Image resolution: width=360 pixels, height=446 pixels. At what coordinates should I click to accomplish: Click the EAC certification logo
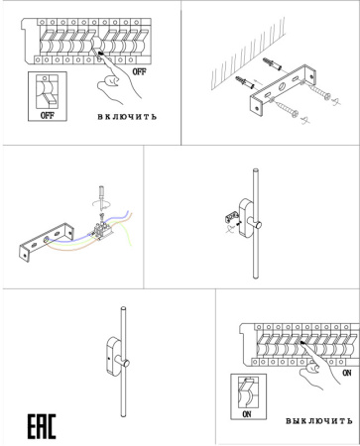[42, 426]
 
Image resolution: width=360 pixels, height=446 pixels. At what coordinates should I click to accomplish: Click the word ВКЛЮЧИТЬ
[127, 117]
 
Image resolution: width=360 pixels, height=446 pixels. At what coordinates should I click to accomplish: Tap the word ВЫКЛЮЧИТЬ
[319, 421]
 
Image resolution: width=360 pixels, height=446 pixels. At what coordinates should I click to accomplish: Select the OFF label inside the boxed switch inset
[48, 115]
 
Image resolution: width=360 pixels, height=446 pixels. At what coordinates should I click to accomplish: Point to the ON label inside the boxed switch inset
[247, 414]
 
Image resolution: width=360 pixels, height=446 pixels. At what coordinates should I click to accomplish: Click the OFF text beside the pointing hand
[139, 71]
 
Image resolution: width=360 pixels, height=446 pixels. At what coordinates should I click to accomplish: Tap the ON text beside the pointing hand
[347, 373]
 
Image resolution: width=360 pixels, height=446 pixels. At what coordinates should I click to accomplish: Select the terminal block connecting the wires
[102, 230]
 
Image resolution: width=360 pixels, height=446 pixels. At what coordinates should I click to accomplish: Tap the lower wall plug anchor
[245, 82]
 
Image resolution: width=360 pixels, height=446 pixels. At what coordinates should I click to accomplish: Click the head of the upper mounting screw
[327, 97]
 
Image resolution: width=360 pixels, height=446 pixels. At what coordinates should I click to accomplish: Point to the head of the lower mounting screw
[295, 114]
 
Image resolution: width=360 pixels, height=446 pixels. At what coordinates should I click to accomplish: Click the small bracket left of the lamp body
[231, 217]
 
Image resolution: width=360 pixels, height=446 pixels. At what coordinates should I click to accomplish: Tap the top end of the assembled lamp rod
[124, 309]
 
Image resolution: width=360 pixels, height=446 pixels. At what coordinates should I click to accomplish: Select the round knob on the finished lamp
[126, 363]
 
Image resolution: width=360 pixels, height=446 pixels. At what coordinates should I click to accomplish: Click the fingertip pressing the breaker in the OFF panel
[100, 53]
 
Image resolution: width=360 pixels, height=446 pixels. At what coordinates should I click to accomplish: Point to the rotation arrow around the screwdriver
[101, 204]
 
